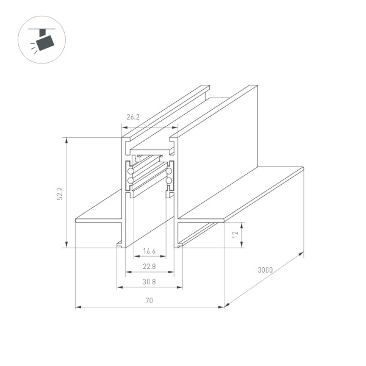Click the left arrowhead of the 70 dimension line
77,307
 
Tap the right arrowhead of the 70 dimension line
223,307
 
